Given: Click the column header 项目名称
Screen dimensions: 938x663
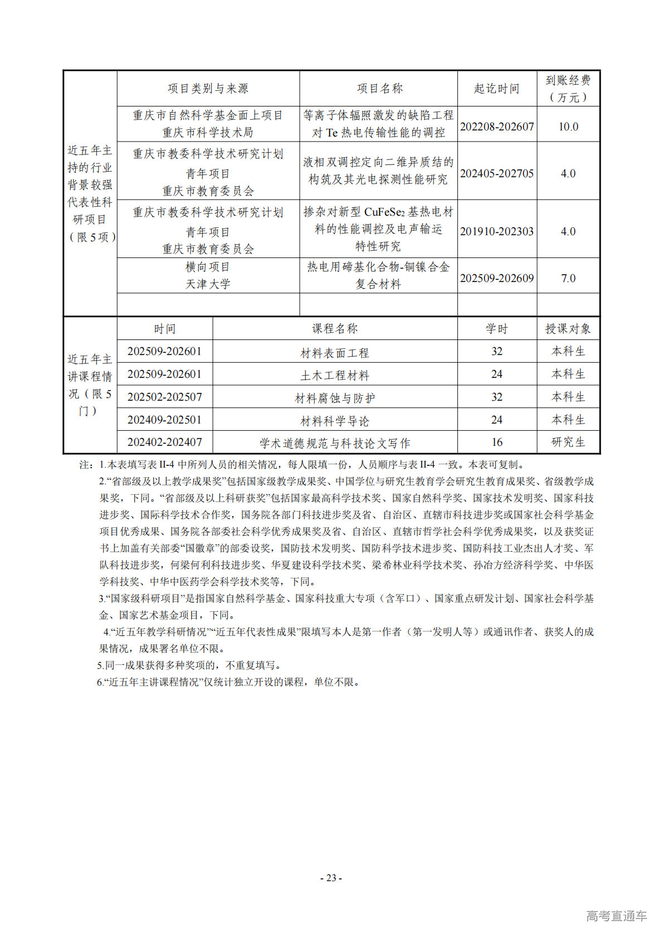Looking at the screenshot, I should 379,89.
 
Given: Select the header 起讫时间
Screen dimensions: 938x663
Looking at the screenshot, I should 496,89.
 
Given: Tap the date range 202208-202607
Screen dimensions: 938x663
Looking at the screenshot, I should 497,127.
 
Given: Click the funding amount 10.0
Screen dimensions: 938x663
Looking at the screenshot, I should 568,127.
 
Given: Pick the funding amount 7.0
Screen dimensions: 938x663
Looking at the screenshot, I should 568,278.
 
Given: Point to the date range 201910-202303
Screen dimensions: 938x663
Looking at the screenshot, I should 497,231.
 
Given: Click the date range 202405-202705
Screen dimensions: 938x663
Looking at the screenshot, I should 497,173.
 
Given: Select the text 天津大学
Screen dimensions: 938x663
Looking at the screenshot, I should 208,284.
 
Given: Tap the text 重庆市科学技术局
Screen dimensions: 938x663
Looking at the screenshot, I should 208,133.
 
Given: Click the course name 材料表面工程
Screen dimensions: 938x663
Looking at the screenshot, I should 335,353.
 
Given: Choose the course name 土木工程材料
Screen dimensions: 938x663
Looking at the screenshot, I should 335,376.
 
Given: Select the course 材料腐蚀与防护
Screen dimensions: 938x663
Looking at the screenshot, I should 335,398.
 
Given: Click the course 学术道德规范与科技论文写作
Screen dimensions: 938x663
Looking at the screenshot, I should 335,443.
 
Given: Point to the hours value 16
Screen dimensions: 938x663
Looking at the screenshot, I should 497,442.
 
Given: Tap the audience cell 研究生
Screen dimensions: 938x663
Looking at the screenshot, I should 568,442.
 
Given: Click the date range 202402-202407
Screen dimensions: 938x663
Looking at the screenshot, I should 164,442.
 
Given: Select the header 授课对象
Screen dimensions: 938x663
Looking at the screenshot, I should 568,329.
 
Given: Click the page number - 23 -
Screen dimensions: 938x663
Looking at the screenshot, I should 331,878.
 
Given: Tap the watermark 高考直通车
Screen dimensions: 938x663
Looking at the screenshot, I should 616,916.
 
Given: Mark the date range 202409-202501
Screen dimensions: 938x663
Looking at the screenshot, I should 164,420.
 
